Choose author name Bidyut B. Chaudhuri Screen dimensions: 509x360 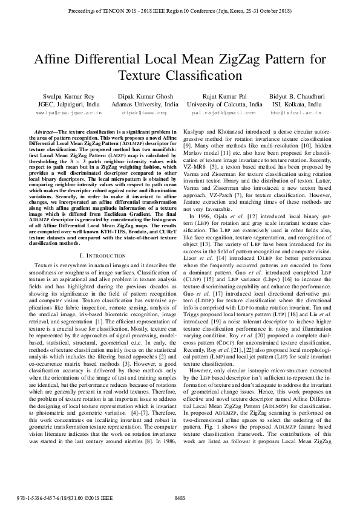[x=296, y=96]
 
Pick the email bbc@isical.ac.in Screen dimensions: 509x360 [x=296, y=112]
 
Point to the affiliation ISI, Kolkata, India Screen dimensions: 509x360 [x=296, y=104]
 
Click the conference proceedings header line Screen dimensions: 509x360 [x=180, y=10]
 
